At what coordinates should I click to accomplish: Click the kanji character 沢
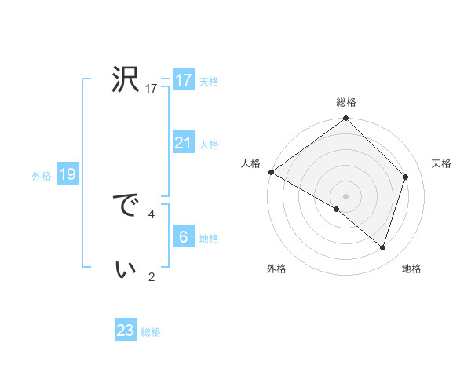pos(126,79)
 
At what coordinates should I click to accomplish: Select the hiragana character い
pos(126,269)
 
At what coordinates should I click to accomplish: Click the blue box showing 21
pos(184,143)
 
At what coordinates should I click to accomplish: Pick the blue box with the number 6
pos(184,237)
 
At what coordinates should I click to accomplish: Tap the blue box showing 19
pos(67,174)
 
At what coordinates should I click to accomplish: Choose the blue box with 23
pos(126,331)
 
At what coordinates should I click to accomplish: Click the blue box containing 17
pos(184,80)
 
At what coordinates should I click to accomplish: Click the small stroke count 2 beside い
pos(152,276)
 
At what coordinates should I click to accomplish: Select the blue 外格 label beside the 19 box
pos(42,176)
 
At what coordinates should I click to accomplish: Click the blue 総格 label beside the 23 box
pos(151,332)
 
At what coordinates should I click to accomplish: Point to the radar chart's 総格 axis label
pos(346,102)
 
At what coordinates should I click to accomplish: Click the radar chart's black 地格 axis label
pos(411,269)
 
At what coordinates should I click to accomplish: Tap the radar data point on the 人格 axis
pos(271,172)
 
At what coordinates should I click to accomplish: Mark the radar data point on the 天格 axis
pos(406,177)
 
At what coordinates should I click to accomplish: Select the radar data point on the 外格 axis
pos(337,209)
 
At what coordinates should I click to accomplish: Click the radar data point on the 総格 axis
pos(346,119)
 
